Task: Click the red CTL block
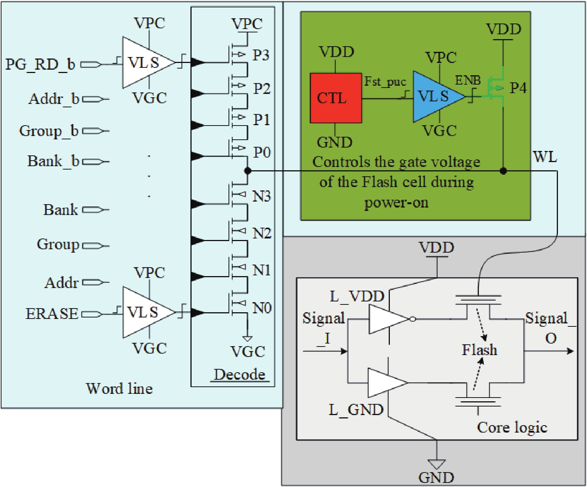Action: coord(336,98)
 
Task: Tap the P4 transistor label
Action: coord(518,88)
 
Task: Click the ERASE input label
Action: coord(52,314)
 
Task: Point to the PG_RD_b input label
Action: coord(40,64)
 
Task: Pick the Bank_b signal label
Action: coord(53,161)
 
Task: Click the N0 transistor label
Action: coord(262,308)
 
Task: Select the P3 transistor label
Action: coord(261,55)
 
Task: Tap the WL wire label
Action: coord(545,157)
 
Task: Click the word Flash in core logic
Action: coord(479,350)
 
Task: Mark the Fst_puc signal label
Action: coord(385,82)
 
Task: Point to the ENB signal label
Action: coord(468,80)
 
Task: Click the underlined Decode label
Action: coord(240,374)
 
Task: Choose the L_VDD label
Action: coord(357,297)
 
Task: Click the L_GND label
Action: coord(356,410)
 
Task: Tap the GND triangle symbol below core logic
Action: coord(436,464)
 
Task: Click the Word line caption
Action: coord(119,389)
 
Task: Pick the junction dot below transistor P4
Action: coord(504,171)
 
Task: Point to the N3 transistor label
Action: coord(262,196)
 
